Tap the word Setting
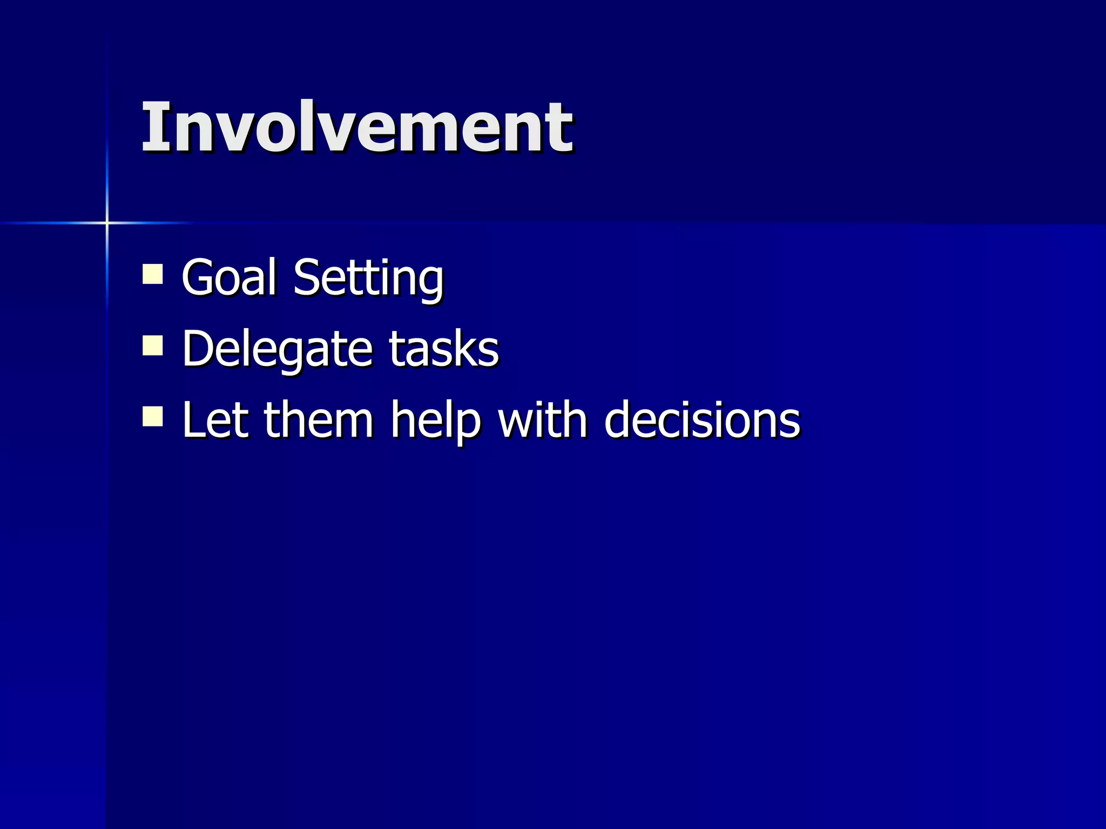click(368, 278)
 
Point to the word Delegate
click(276, 350)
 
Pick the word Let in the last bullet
click(215, 420)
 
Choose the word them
click(319, 420)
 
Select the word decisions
click(702, 420)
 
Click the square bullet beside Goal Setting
click(153, 274)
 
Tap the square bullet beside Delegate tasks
click(153, 345)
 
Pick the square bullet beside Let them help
click(153, 417)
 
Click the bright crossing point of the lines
click(107, 222)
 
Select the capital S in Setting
click(307, 277)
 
